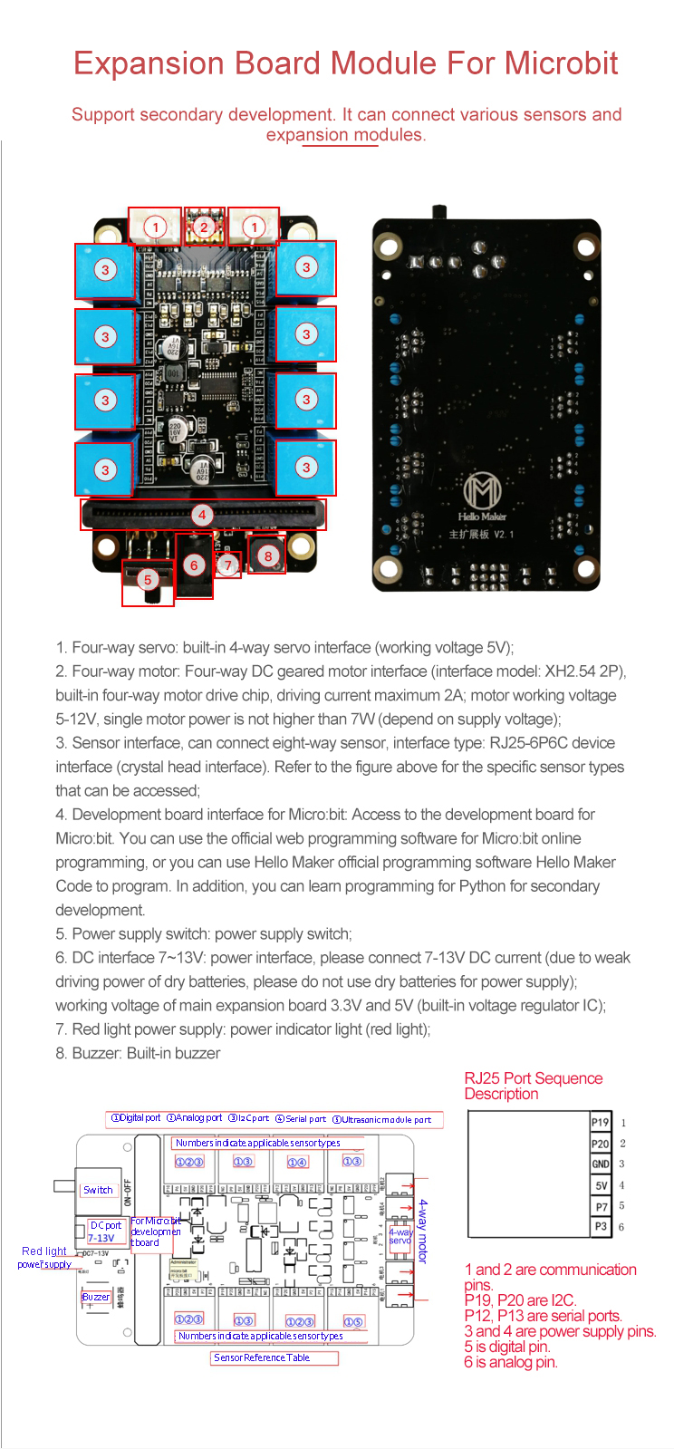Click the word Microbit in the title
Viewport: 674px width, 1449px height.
click(x=561, y=63)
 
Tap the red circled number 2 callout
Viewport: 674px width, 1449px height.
click(x=205, y=227)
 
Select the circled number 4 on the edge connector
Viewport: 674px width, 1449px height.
click(x=202, y=515)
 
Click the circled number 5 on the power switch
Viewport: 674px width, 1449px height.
click(x=148, y=580)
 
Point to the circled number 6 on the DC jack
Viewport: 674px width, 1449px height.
click(x=194, y=565)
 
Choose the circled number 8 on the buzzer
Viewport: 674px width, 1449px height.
click(x=267, y=556)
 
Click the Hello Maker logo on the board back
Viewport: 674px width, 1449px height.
click(x=482, y=496)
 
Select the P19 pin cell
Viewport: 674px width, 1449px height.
click(x=601, y=1123)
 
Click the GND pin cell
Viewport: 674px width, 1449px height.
click(x=601, y=1164)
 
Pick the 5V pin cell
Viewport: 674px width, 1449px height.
click(x=601, y=1185)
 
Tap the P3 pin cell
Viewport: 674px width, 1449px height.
click(x=601, y=1227)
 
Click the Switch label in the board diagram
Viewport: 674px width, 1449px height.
click(x=98, y=1190)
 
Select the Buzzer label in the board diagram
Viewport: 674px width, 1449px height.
click(x=96, y=1297)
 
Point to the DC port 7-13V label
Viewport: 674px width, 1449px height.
click(x=103, y=1232)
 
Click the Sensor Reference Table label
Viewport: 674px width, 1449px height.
click(x=262, y=1357)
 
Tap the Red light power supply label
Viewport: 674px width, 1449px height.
click(x=44, y=1258)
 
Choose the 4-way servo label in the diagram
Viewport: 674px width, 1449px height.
click(x=400, y=1236)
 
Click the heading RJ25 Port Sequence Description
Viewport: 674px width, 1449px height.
click(x=533, y=1086)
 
